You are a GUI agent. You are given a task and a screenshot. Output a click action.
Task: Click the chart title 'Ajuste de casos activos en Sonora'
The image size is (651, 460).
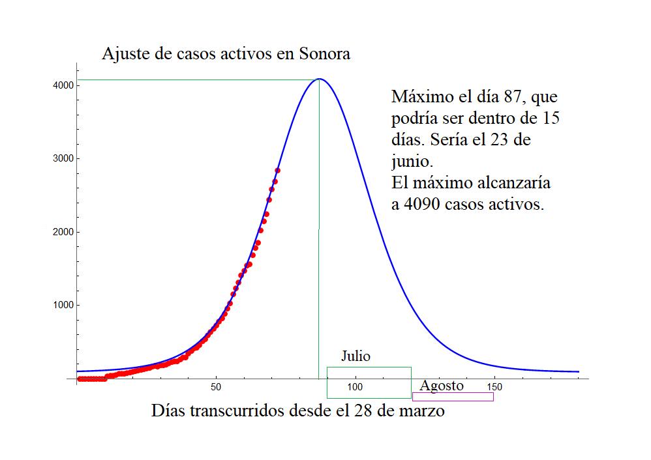point(226,53)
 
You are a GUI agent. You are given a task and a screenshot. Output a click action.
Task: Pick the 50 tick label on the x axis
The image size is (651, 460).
point(217,388)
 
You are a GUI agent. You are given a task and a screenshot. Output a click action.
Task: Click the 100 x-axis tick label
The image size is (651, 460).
point(356,388)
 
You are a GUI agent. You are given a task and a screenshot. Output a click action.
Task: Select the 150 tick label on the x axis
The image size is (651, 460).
point(494,388)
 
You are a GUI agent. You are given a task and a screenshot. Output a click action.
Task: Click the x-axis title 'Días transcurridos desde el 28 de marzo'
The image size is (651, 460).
point(298,411)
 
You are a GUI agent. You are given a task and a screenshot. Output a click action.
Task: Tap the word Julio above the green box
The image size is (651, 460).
point(356,356)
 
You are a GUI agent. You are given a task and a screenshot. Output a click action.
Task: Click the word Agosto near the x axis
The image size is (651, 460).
point(442,386)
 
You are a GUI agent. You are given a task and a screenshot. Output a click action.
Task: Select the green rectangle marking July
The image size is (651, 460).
point(369,382)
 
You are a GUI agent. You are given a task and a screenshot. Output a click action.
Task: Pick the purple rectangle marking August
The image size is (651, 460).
point(453,396)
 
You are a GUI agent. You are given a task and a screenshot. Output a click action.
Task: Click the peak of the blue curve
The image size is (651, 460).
point(319,79)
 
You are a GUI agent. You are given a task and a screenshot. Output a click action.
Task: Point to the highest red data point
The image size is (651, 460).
point(277,170)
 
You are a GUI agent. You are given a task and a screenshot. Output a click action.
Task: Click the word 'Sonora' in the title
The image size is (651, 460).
point(325,53)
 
